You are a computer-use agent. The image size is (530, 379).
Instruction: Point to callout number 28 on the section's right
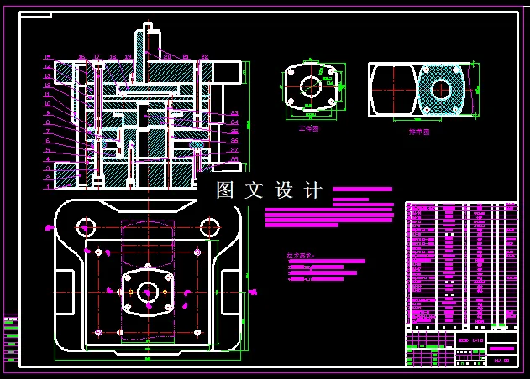234,158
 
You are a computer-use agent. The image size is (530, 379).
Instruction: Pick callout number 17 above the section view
98,57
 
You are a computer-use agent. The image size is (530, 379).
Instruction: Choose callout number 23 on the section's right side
234,112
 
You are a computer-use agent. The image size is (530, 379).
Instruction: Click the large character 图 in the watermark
224,190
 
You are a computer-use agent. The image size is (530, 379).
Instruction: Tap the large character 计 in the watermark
312,190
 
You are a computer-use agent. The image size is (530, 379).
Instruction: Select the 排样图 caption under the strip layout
419,132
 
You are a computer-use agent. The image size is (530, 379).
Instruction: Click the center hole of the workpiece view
310,86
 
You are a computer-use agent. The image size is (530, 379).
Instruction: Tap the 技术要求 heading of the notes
299,255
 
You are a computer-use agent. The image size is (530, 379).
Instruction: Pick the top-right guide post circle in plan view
207,226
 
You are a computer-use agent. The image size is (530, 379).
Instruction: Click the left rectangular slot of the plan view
63,293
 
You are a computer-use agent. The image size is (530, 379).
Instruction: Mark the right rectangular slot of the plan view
229,293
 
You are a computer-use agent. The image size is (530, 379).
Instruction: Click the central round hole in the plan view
148,292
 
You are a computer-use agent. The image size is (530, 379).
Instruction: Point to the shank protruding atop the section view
152,38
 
